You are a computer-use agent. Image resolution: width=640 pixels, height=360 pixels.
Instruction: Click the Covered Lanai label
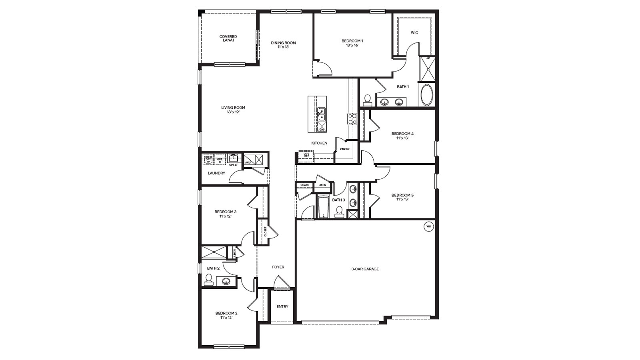tap(228, 38)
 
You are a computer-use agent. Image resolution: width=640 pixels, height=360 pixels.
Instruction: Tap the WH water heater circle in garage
tap(428, 226)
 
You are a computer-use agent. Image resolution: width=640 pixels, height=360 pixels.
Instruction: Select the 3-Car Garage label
tap(365, 269)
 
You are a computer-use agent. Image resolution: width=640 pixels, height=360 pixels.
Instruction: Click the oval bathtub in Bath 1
tap(427, 95)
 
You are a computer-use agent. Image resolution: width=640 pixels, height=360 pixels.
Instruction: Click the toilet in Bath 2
tap(208, 280)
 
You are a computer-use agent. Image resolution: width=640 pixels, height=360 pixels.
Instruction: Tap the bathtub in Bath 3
tap(322, 207)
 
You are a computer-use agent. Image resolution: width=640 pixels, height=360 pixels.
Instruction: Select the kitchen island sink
tap(321, 114)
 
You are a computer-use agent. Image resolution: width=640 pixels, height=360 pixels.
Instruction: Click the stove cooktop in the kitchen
tap(352, 119)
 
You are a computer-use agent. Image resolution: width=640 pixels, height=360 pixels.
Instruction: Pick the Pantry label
tap(344, 149)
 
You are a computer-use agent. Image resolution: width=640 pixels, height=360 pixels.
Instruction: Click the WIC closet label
tap(414, 33)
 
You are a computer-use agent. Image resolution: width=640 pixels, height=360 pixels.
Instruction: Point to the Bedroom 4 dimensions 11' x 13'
tap(402, 138)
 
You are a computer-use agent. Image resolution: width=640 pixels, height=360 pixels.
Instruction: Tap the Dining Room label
tap(283, 43)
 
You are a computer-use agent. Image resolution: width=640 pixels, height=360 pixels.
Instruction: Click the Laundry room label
tap(216, 173)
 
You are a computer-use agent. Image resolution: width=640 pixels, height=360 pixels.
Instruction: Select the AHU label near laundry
tap(248, 162)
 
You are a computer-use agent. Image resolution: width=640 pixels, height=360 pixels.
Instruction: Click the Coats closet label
tap(304, 185)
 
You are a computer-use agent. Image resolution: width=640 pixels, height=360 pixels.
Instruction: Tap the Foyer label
tap(278, 267)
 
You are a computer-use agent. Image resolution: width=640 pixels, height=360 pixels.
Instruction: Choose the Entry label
tap(282, 307)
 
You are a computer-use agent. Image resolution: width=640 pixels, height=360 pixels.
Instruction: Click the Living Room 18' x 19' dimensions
tap(233, 112)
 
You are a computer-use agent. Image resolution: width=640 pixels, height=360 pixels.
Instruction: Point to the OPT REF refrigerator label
tap(306, 155)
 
